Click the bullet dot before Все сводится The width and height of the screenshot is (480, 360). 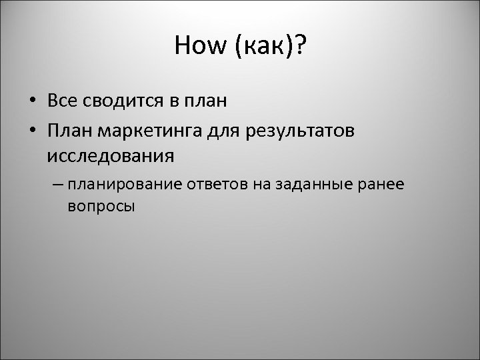point(31,101)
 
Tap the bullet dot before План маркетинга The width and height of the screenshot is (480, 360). point(31,131)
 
